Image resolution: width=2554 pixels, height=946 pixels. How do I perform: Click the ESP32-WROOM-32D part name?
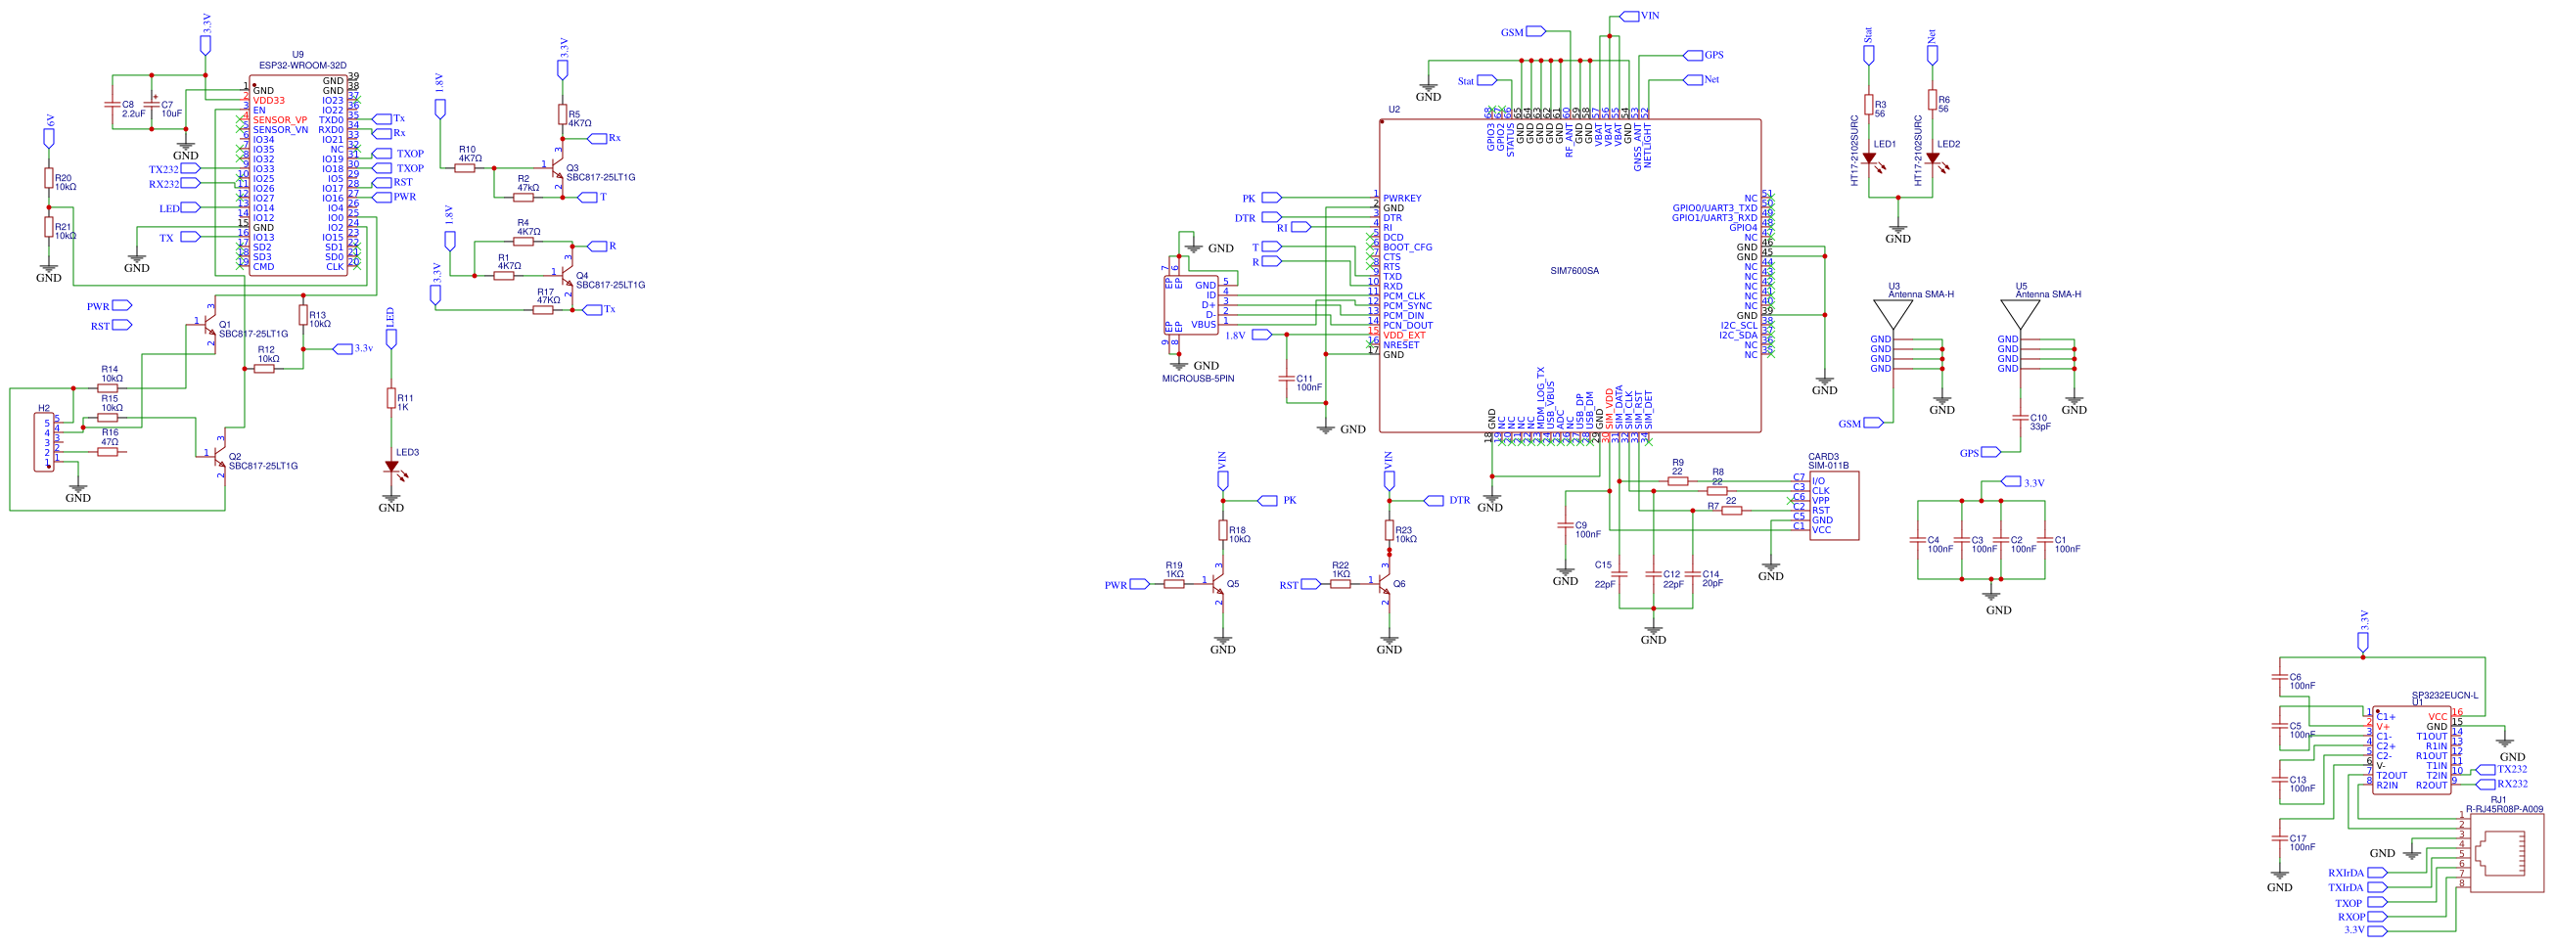pyautogui.click(x=302, y=66)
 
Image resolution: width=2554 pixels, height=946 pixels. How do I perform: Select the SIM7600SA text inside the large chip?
pyautogui.click(x=1574, y=271)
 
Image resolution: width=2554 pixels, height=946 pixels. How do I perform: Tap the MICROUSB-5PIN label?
pyautogui.click(x=1198, y=379)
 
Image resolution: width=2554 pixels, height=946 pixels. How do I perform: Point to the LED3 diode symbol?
pyautogui.click(x=391, y=466)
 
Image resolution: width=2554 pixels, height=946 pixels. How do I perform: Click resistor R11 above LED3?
pyautogui.click(x=391, y=397)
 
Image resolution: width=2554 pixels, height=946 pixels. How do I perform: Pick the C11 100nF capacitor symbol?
pyautogui.click(x=1287, y=379)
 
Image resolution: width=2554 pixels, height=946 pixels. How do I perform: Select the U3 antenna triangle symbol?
pyautogui.click(x=1893, y=314)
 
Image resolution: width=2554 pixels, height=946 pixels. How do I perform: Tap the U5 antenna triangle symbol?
pyautogui.click(x=2020, y=314)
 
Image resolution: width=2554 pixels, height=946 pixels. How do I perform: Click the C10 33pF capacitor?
pyautogui.click(x=2020, y=418)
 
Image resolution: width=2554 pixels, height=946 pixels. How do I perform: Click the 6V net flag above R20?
pyautogui.click(x=49, y=137)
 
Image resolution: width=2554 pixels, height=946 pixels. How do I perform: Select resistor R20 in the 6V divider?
pyautogui.click(x=49, y=177)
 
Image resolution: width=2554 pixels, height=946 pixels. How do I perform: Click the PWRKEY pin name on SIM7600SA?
pyautogui.click(x=1402, y=199)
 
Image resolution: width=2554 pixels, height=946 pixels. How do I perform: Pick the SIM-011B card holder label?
pyautogui.click(x=1828, y=465)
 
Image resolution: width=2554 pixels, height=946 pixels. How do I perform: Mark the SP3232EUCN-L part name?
pyautogui.click(x=2444, y=696)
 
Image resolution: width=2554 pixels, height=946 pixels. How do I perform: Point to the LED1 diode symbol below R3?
pyautogui.click(x=1869, y=158)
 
